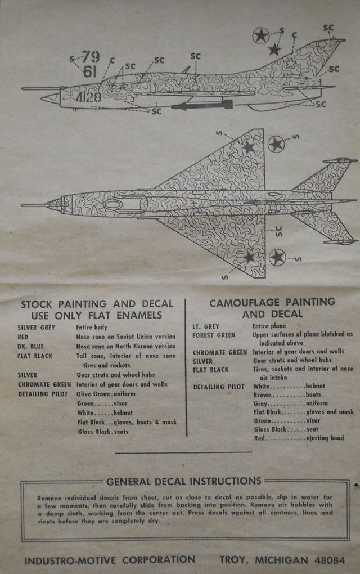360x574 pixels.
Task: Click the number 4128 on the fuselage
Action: point(88,97)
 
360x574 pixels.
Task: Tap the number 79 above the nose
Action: point(90,57)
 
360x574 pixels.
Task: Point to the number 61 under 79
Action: point(89,71)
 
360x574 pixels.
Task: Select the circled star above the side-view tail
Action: point(260,35)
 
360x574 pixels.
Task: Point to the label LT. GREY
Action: point(206,326)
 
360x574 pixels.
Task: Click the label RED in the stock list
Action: point(24,337)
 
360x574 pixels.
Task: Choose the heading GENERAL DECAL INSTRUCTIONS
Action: point(184,481)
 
